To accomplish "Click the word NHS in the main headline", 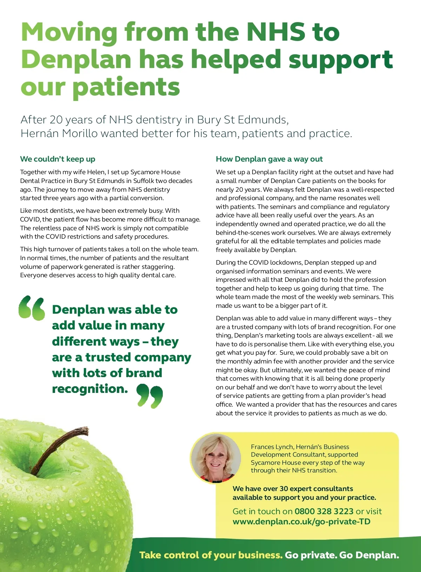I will [275, 32].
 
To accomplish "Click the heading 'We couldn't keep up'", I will [58, 159].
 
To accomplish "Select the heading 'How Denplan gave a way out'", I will [269, 159].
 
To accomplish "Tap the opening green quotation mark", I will [32, 308].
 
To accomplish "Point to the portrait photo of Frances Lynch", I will [215, 458].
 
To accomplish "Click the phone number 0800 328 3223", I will [324, 511].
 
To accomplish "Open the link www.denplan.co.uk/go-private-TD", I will [301, 522].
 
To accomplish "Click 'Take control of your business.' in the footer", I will [210, 555].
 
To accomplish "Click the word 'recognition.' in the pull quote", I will [90, 389].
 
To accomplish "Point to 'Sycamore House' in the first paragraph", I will [155, 172].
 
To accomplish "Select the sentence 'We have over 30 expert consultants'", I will [293, 489].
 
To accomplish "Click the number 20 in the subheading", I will [56, 120].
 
